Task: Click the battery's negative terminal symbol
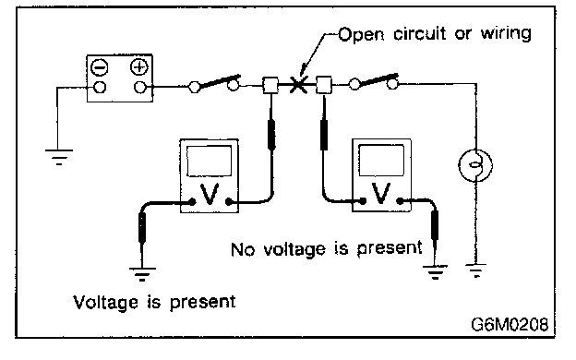pyautogui.click(x=99, y=67)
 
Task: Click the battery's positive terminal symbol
pyautogui.click(x=139, y=66)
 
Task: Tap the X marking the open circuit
pyautogui.click(x=298, y=85)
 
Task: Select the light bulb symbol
pyautogui.click(x=475, y=165)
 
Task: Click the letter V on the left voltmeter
pyautogui.click(x=210, y=194)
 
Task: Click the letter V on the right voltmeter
pyautogui.click(x=380, y=193)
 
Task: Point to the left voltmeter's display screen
pyautogui.click(x=210, y=161)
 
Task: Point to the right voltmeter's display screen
pyautogui.click(x=381, y=161)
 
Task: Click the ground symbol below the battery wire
pyautogui.click(x=59, y=157)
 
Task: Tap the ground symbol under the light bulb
pyautogui.click(x=475, y=270)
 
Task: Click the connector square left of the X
pyautogui.click(x=270, y=85)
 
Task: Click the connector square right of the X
pyautogui.click(x=324, y=85)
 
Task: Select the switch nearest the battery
pyautogui.click(x=214, y=83)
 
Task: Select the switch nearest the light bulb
pyautogui.click(x=373, y=82)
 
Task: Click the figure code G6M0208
pyautogui.click(x=510, y=324)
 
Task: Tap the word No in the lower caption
pyautogui.click(x=243, y=250)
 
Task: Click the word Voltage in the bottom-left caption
pyautogui.click(x=105, y=303)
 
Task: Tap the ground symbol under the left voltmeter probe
pyautogui.click(x=142, y=274)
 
